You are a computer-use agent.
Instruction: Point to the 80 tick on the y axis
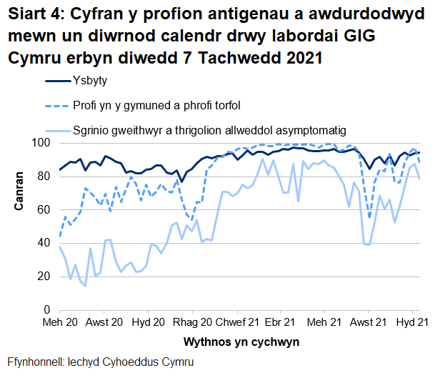click(x=44, y=176)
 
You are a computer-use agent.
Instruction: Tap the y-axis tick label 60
click(x=44, y=209)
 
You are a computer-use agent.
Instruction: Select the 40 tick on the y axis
click(x=44, y=243)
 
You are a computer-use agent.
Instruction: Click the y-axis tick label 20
click(x=44, y=276)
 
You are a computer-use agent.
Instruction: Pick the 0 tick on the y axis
click(x=46, y=309)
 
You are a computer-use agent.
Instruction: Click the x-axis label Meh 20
click(x=60, y=323)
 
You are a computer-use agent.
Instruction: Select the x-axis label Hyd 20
click(x=149, y=323)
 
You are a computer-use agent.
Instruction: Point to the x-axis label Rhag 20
click(x=193, y=323)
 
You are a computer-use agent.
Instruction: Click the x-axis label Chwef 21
click(x=234, y=323)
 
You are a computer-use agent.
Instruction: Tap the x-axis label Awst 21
click(x=369, y=323)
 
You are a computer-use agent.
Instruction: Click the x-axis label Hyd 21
click(x=413, y=323)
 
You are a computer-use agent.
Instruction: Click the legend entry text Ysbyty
click(x=89, y=81)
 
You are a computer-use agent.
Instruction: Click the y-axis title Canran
click(x=19, y=192)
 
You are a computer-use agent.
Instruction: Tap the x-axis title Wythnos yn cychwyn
click(x=240, y=342)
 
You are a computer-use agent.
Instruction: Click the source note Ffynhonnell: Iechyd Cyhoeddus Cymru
click(x=100, y=362)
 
